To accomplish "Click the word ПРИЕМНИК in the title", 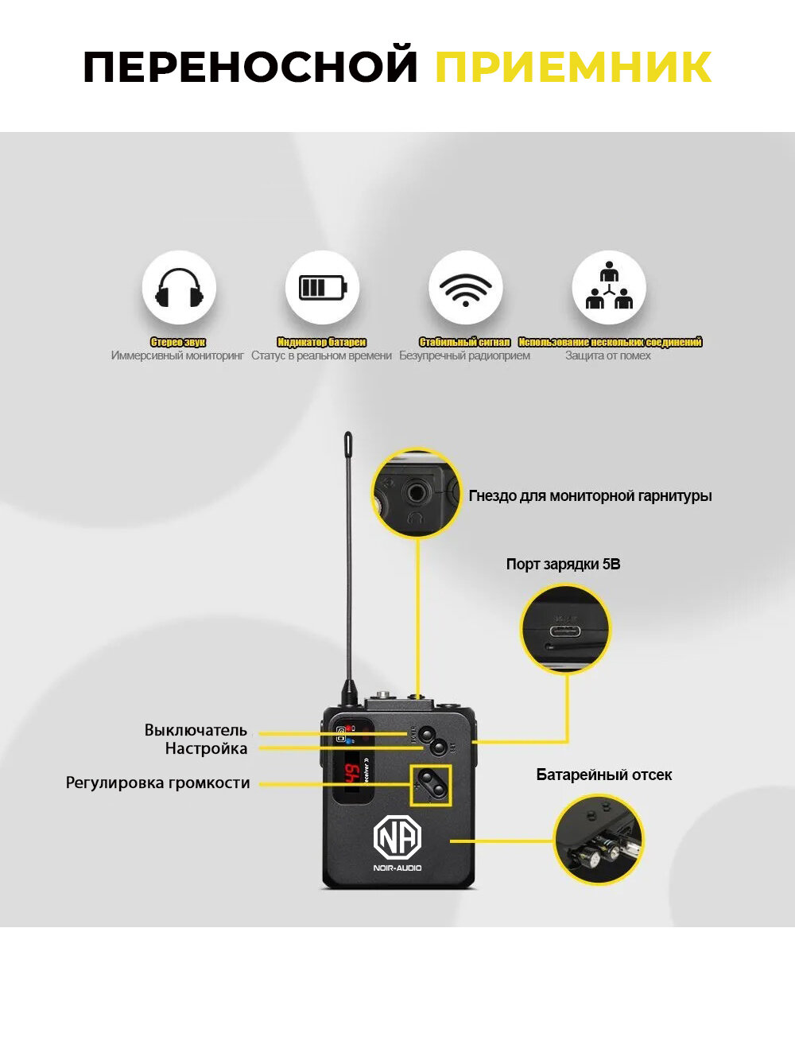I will [572, 67].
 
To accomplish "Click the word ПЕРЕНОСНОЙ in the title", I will [250, 67].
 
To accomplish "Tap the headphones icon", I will [179, 288].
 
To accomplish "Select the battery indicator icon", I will [322, 288].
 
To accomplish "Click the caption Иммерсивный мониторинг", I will [177, 355].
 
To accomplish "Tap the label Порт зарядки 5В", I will [563, 564].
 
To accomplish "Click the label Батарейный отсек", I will [603, 775].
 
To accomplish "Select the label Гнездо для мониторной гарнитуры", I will [590, 495].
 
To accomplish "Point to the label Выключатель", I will [196, 730].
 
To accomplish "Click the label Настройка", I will [206, 748].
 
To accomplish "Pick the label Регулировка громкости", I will [157, 782].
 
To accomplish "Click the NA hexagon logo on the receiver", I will [397, 837].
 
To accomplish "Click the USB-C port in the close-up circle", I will [564, 631].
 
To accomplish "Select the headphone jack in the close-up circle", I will [416, 493].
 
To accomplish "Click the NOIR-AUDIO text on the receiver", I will [397, 868].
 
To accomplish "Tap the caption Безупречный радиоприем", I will [464, 355].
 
